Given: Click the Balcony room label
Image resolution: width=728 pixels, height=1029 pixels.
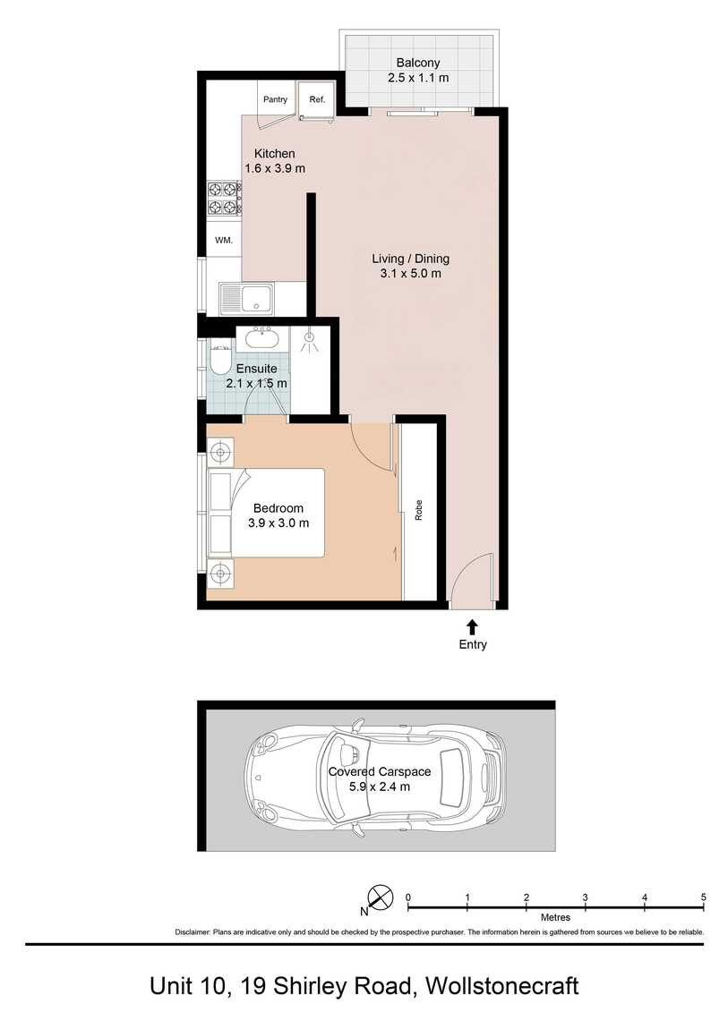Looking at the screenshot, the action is [x=418, y=63].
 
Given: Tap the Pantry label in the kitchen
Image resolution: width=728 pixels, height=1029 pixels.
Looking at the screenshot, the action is [x=275, y=99].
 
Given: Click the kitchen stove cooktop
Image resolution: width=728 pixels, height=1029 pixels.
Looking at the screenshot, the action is [x=222, y=199].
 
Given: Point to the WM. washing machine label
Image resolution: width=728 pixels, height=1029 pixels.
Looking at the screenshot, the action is [x=224, y=241].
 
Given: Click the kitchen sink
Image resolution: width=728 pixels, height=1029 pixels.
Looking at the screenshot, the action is [x=247, y=299].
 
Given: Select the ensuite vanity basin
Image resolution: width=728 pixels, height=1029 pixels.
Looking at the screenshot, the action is [x=262, y=338].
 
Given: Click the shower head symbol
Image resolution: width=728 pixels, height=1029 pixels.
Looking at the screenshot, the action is [x=309, y=338].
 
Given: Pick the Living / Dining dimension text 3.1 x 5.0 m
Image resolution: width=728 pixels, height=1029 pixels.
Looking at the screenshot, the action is [x=410, y=274].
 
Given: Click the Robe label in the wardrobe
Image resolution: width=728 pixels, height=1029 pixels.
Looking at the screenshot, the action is [x=418, y=511].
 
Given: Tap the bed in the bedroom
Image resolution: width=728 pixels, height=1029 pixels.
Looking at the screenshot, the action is [x=267, y=513].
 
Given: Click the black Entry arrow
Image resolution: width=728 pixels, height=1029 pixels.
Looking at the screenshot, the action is [x=472, y=626].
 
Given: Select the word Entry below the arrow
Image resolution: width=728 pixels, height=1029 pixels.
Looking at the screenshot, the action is [x=473, y=644].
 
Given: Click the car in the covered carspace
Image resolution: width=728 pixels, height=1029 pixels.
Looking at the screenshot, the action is [x=375, y=777].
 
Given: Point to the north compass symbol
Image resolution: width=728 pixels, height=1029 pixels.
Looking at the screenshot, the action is [x=380, y=897].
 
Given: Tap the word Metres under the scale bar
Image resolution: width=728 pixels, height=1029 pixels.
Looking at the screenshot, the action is [x=555, y=917].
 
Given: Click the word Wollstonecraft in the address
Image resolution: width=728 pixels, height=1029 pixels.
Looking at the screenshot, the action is [x=502, y=986].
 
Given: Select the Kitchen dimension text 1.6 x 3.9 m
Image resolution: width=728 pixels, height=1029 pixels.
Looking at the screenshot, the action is [x=275, y=168].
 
